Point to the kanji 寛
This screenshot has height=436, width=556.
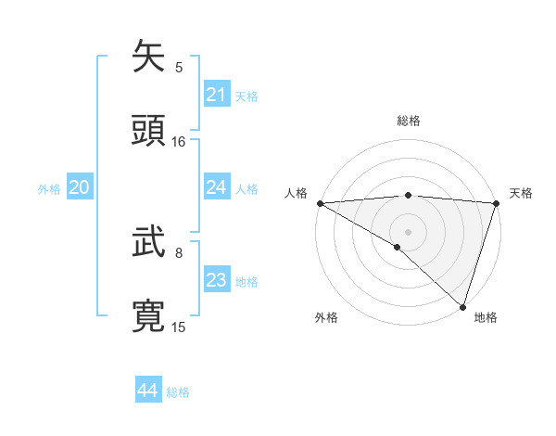tap(149, 315)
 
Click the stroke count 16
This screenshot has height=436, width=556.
tap(179, 142)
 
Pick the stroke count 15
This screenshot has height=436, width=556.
tap(179, 327)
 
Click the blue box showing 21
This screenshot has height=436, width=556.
tap(217, 95)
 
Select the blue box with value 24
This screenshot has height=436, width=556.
tap(217, 187)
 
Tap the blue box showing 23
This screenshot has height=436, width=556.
tap(217, 280)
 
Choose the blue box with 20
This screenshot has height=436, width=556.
tap(80, 188)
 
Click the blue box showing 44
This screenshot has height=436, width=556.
tap(148, 391)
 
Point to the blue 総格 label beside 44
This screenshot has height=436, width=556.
tap(178, 392)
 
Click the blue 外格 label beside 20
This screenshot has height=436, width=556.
tap(49, 189)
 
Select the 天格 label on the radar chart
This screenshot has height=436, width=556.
tap(521, 193)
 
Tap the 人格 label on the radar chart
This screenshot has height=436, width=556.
tap(296, 193)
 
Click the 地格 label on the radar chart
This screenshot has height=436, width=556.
tap(486, 317)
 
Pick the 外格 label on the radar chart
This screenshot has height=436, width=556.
tap(326, 317)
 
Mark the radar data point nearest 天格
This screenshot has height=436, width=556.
tap(497, 203)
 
